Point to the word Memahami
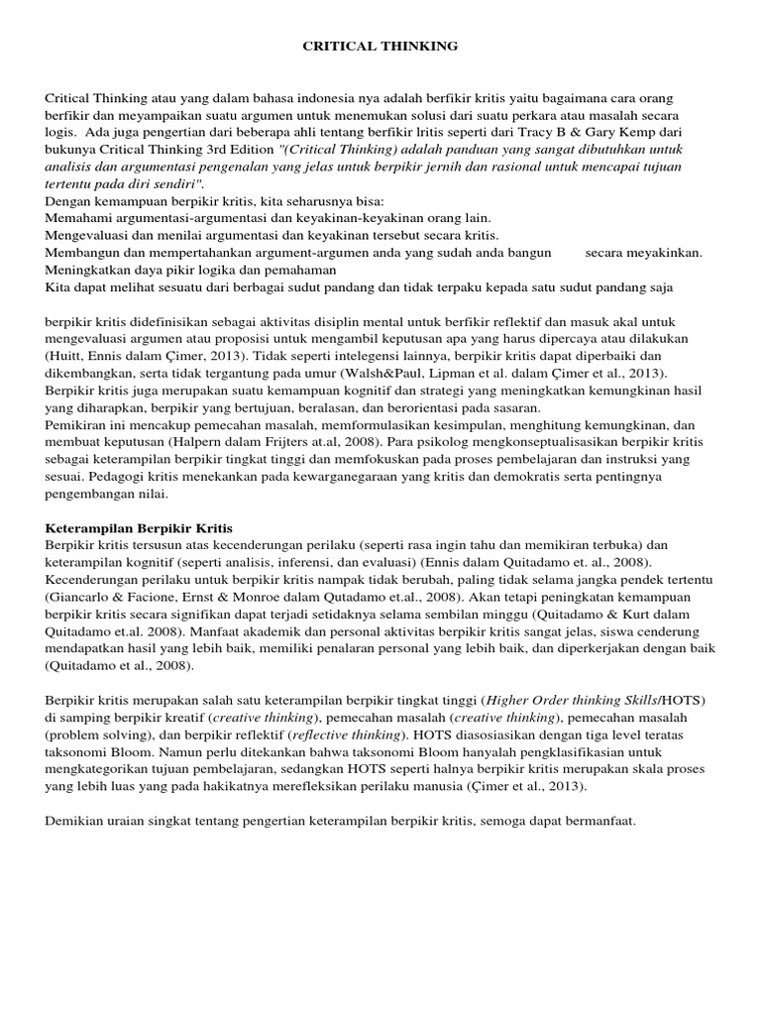pos(75,217)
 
